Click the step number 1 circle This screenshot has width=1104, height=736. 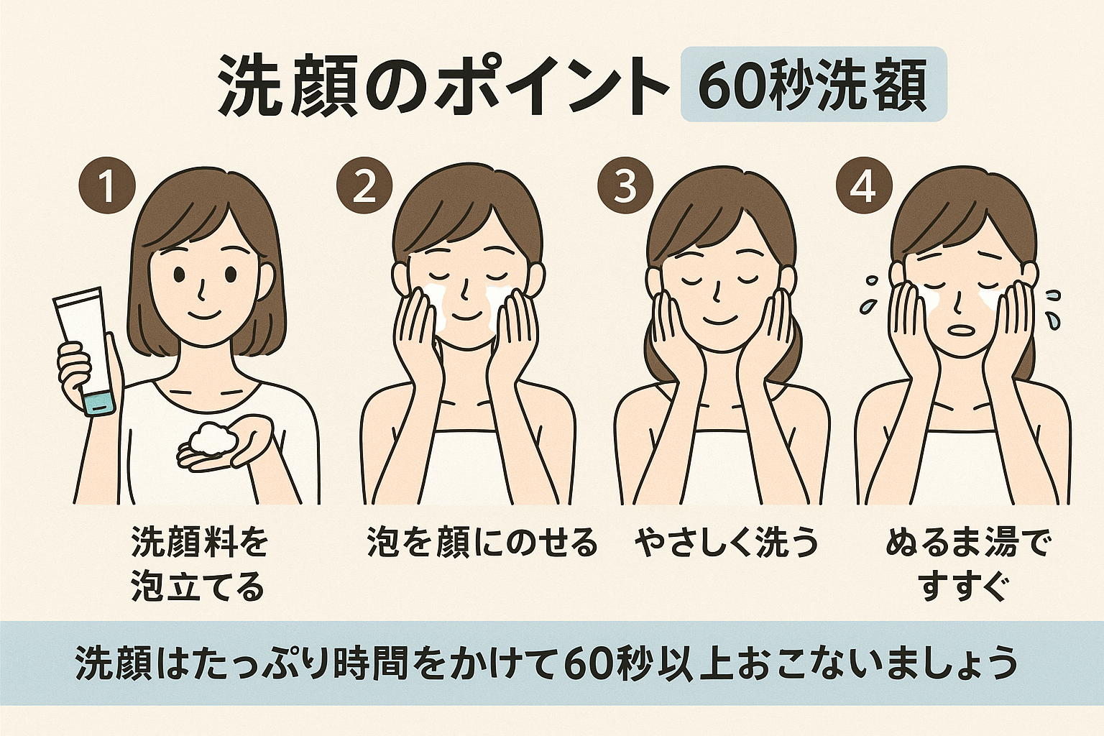(x=107, y=185)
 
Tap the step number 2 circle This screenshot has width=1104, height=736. (x=364, y=185)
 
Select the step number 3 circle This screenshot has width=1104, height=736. (x=625, y=185)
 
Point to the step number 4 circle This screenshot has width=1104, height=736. (x=865, y=185)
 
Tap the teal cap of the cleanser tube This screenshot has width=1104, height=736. (x=100, y=403)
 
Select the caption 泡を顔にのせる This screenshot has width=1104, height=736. (x=482, y=543)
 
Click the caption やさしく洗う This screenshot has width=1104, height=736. (x=725, y=543)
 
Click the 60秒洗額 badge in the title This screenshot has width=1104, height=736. (x=814, y=84)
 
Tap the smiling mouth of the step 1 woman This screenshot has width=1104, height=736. (x=206, y=315)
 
